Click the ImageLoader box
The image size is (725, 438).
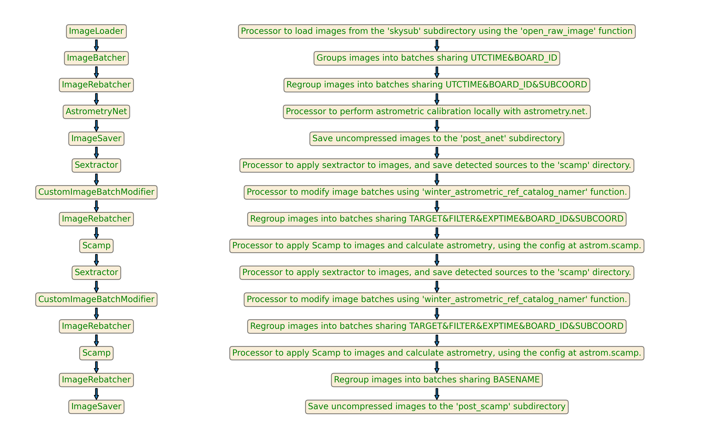pos(96,31)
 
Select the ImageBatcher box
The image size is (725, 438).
pos(96,58)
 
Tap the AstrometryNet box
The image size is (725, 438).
pos(96,112)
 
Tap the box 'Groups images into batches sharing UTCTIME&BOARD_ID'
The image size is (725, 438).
pos(437,58)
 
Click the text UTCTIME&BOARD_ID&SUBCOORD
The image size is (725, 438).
pos(516,85)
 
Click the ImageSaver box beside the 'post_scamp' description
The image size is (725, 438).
pos(96,407)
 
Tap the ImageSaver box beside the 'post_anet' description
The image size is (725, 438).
pos(96,138)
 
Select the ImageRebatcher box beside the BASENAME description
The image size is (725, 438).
pos(96,380)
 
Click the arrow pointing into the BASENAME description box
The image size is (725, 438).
pos(437,367)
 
